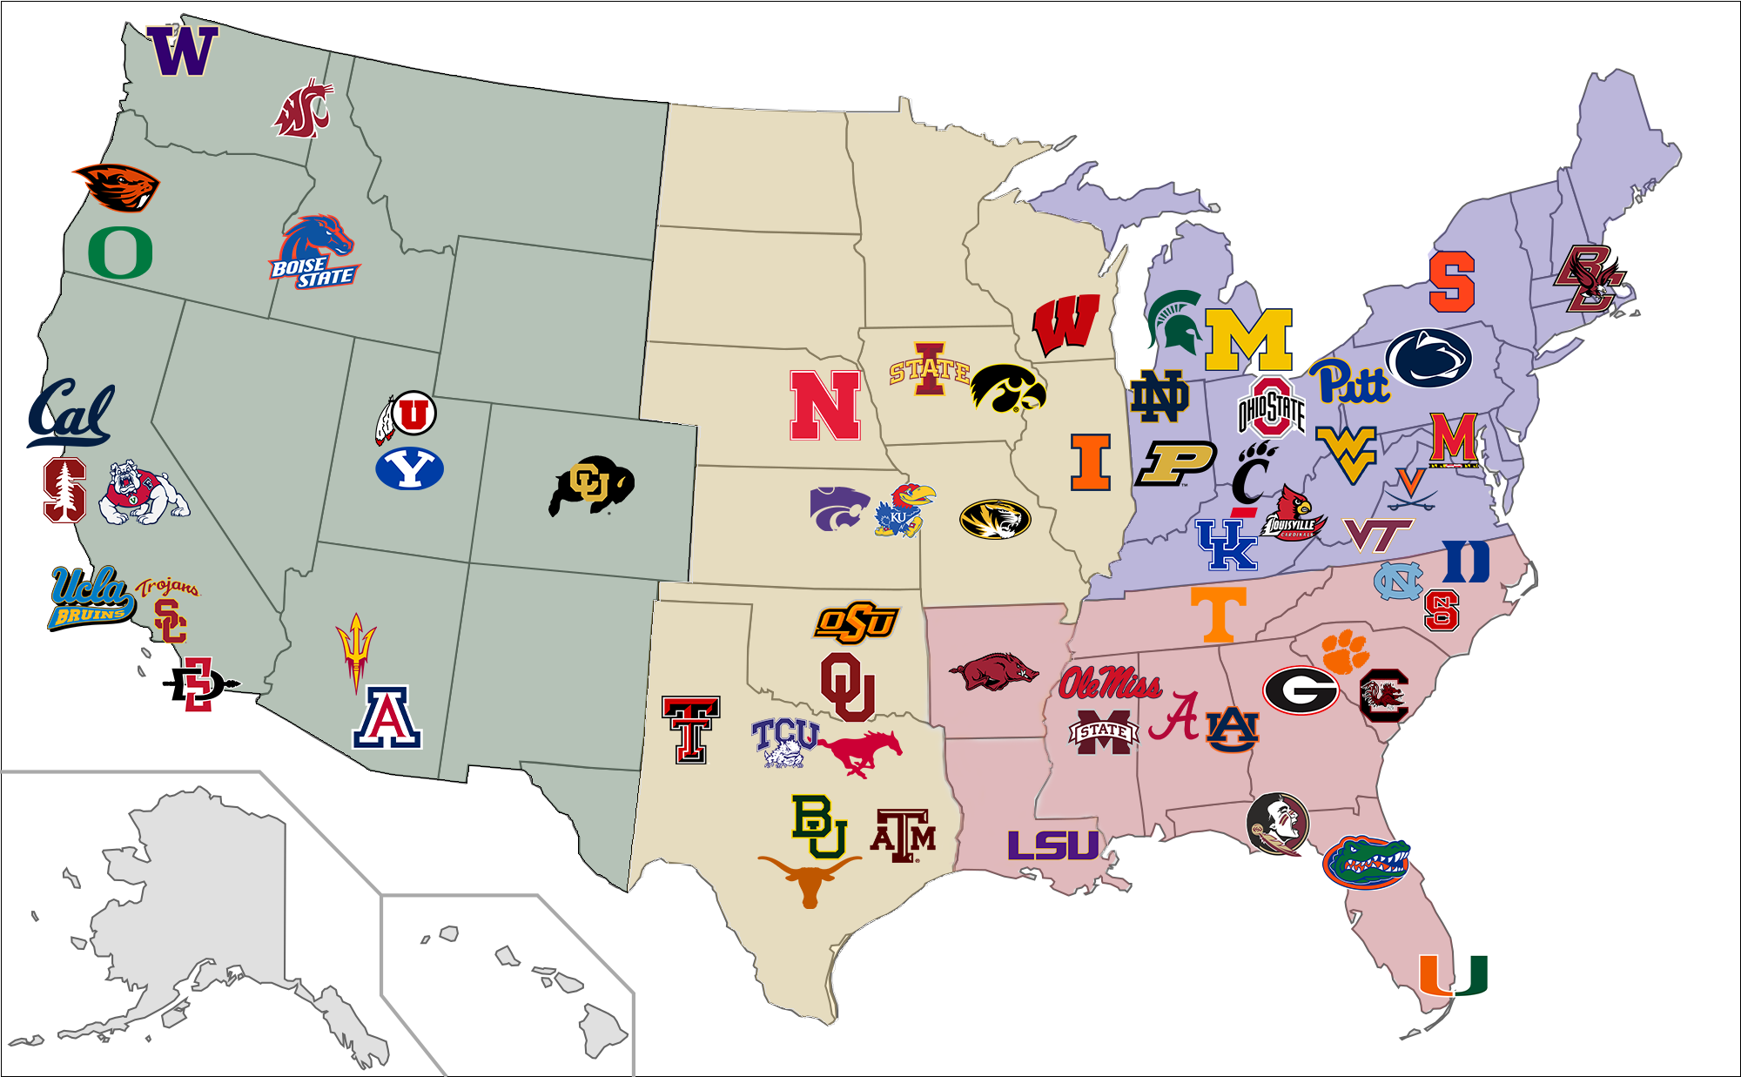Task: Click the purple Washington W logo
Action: click(182, 50)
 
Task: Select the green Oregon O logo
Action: click(120, 252)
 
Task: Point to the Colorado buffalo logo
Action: click(591, 484)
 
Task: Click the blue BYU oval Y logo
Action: click(409, 468)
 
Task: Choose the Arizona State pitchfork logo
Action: click(355, 651)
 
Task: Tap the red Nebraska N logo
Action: click(824, 406)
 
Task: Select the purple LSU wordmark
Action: click(1053, 845)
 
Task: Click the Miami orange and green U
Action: click(1453, 975)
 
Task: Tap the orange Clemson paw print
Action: click(1345, 651)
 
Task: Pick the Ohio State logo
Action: click(1272, 407)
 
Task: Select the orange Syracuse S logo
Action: click(1451, 281)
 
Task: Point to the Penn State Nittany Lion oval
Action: click(1428, 358)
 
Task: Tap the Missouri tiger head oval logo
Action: click(995, 520)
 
